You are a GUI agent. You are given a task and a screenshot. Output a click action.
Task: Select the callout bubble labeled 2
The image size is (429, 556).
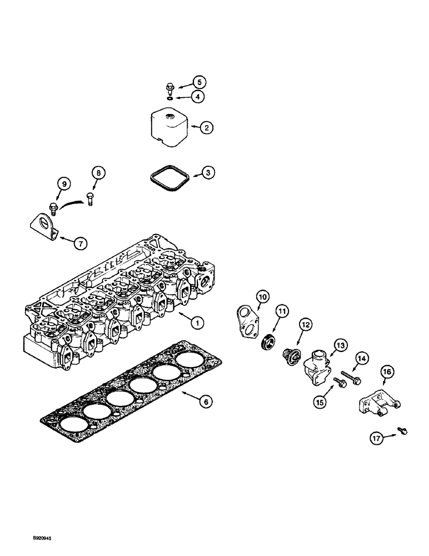[206, 128]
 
